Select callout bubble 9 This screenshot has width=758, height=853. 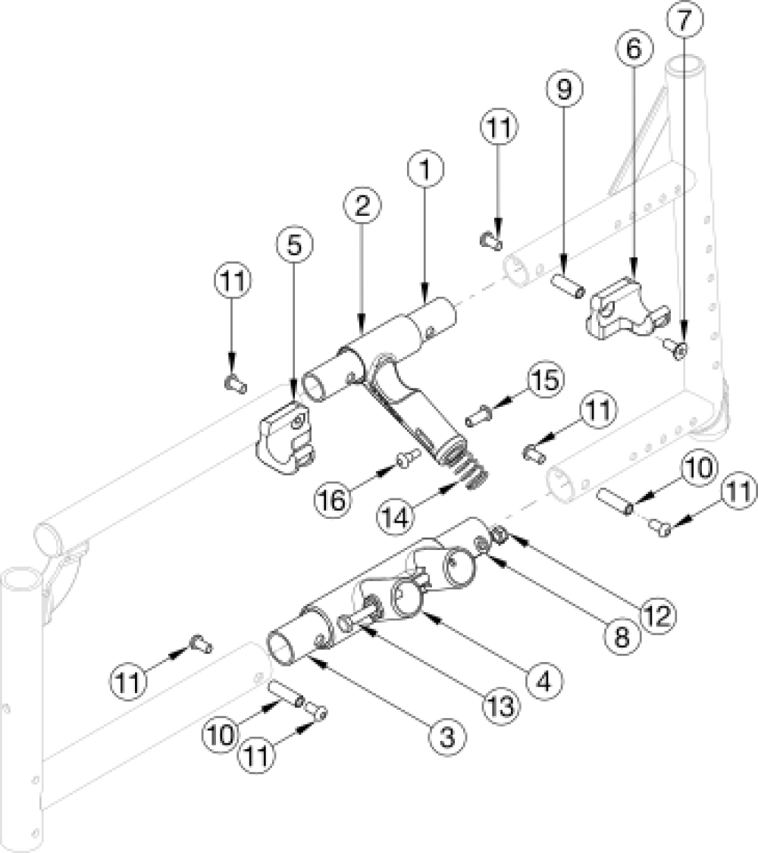click(x=563, y=90)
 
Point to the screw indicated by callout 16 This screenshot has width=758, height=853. click(x=407, y=457)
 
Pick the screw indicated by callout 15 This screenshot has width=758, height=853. click(x=476, y=415)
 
